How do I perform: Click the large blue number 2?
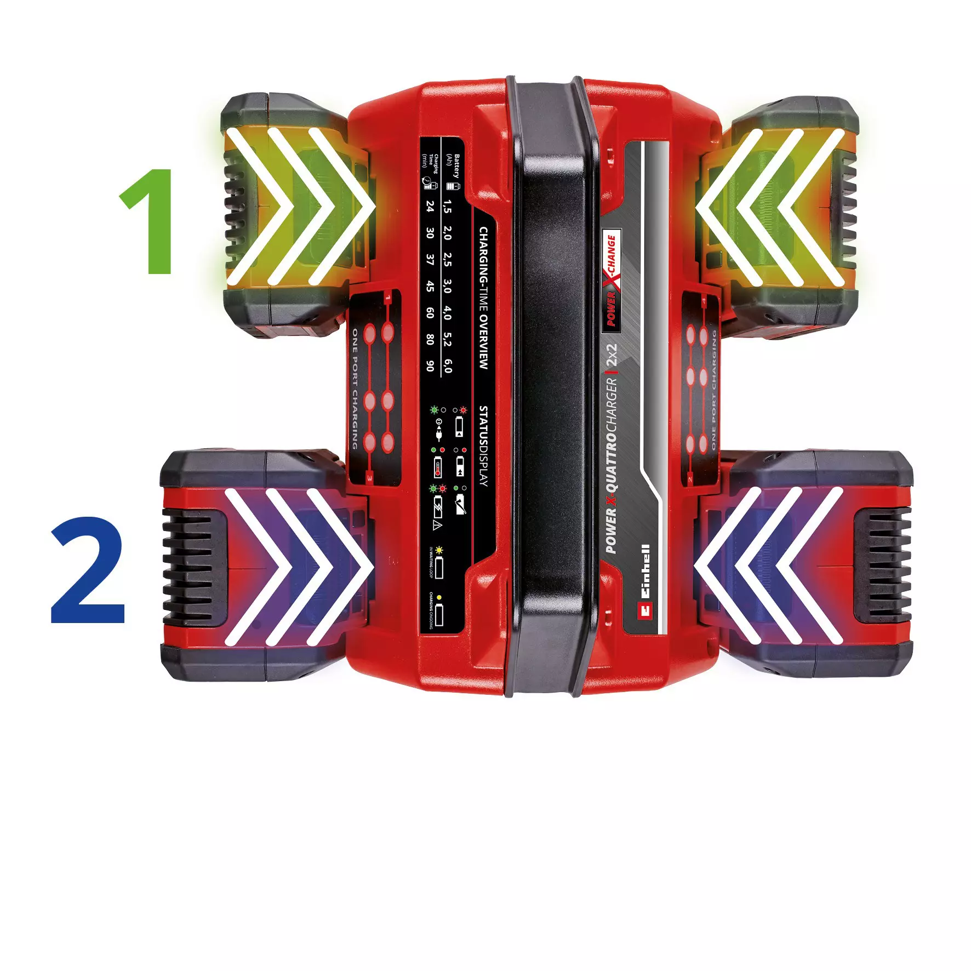coord(89,570)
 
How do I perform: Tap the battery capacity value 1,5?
coord(448,207)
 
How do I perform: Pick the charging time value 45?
coord(430,287)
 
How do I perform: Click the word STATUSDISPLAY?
coord(483,446)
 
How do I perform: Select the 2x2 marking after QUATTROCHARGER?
coord(612,355)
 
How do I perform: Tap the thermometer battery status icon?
coord(438,467)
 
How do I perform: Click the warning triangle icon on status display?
coord(437,526)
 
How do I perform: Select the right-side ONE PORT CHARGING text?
coord(713,390)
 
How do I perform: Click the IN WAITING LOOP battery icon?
coord(438,568)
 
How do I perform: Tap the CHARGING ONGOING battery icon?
coord(438,615)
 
